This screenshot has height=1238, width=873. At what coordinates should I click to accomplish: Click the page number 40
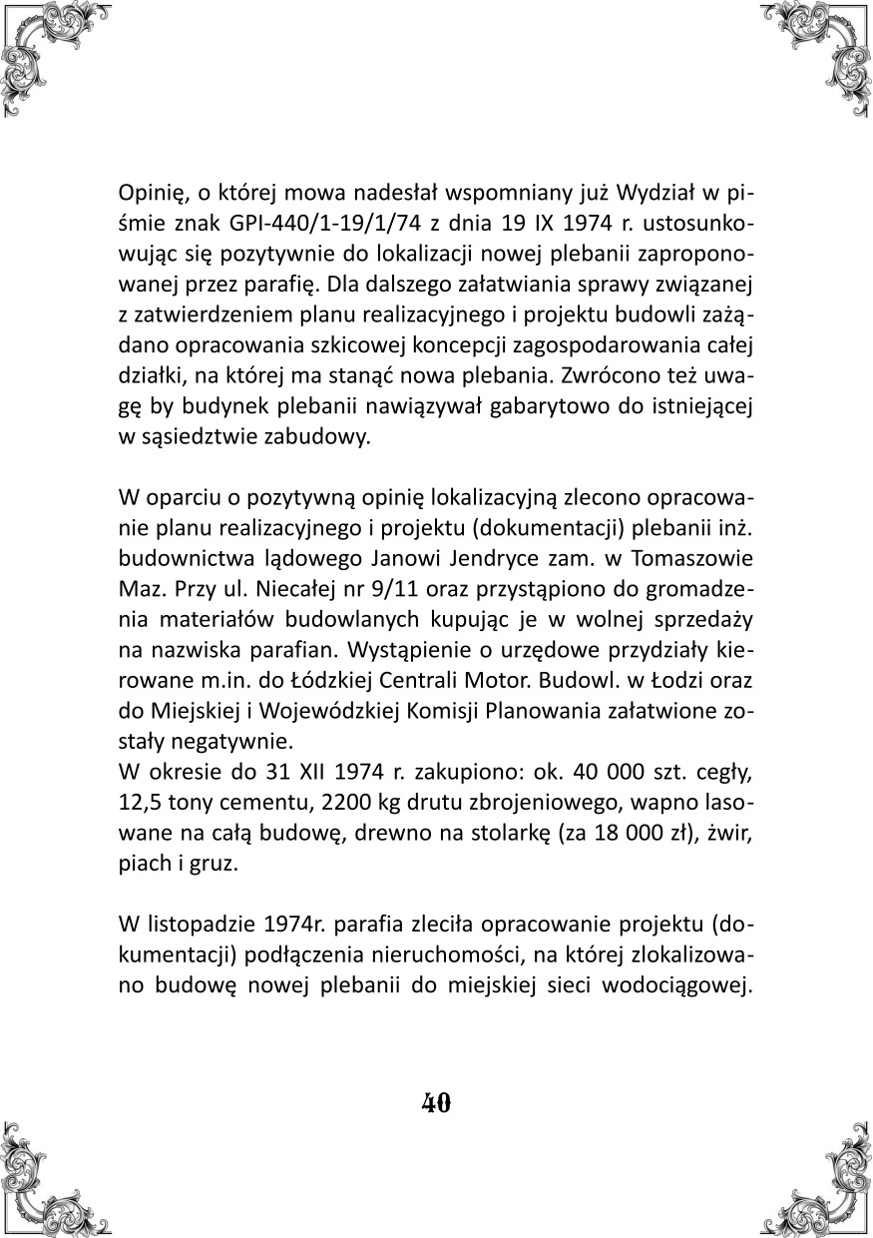[436, 1102]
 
